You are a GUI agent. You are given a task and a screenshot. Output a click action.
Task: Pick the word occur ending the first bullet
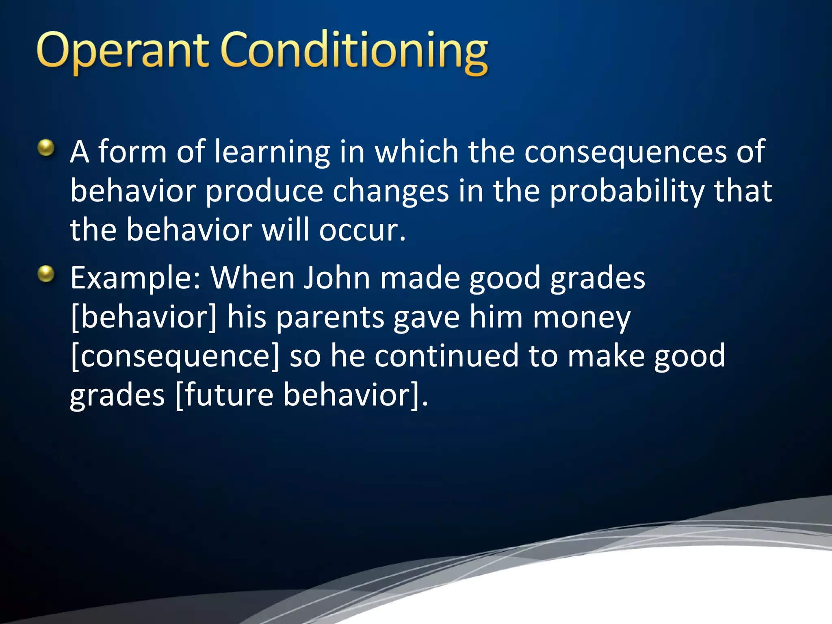[362, 230]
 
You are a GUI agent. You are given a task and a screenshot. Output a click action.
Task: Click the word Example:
[135, 279]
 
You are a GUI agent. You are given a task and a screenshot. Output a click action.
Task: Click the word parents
[330, 318]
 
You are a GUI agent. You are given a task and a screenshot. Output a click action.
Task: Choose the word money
[582, 318]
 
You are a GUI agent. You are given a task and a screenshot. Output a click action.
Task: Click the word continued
[446, 356]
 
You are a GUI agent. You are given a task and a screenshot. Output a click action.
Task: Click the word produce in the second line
[264, 192]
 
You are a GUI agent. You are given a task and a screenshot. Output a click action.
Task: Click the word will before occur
[285, 230]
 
